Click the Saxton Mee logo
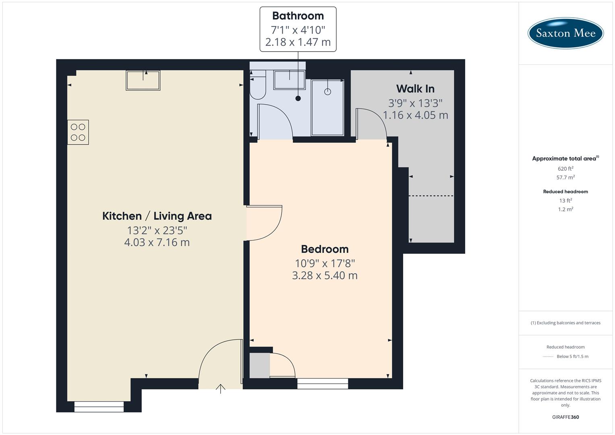click(x=565, y=33)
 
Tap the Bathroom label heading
click(x=298, y=16)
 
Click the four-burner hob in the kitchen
click(x=78, y=132)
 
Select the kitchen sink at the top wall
click(x=143, y=80)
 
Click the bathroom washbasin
click(x=289, y=80)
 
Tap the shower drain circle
click(x=327, y=91)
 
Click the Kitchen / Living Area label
click(x=157, y=216)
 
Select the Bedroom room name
click(x=325, y=249)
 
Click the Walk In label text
click(x=415, y=89)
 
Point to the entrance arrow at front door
click(x=221, y=389)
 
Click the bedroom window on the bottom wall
click(x=323, y=383)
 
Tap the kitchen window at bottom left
click(x=99, y=407)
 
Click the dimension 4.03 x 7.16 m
click(x=157, y=242)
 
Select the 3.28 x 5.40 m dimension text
click(x=325, y=275)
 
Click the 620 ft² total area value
click(x=565, y=169)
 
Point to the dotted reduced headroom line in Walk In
click(x=431, y=196)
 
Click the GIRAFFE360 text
click(x=565, y=417)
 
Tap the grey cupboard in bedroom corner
click(x=259, y=366)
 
